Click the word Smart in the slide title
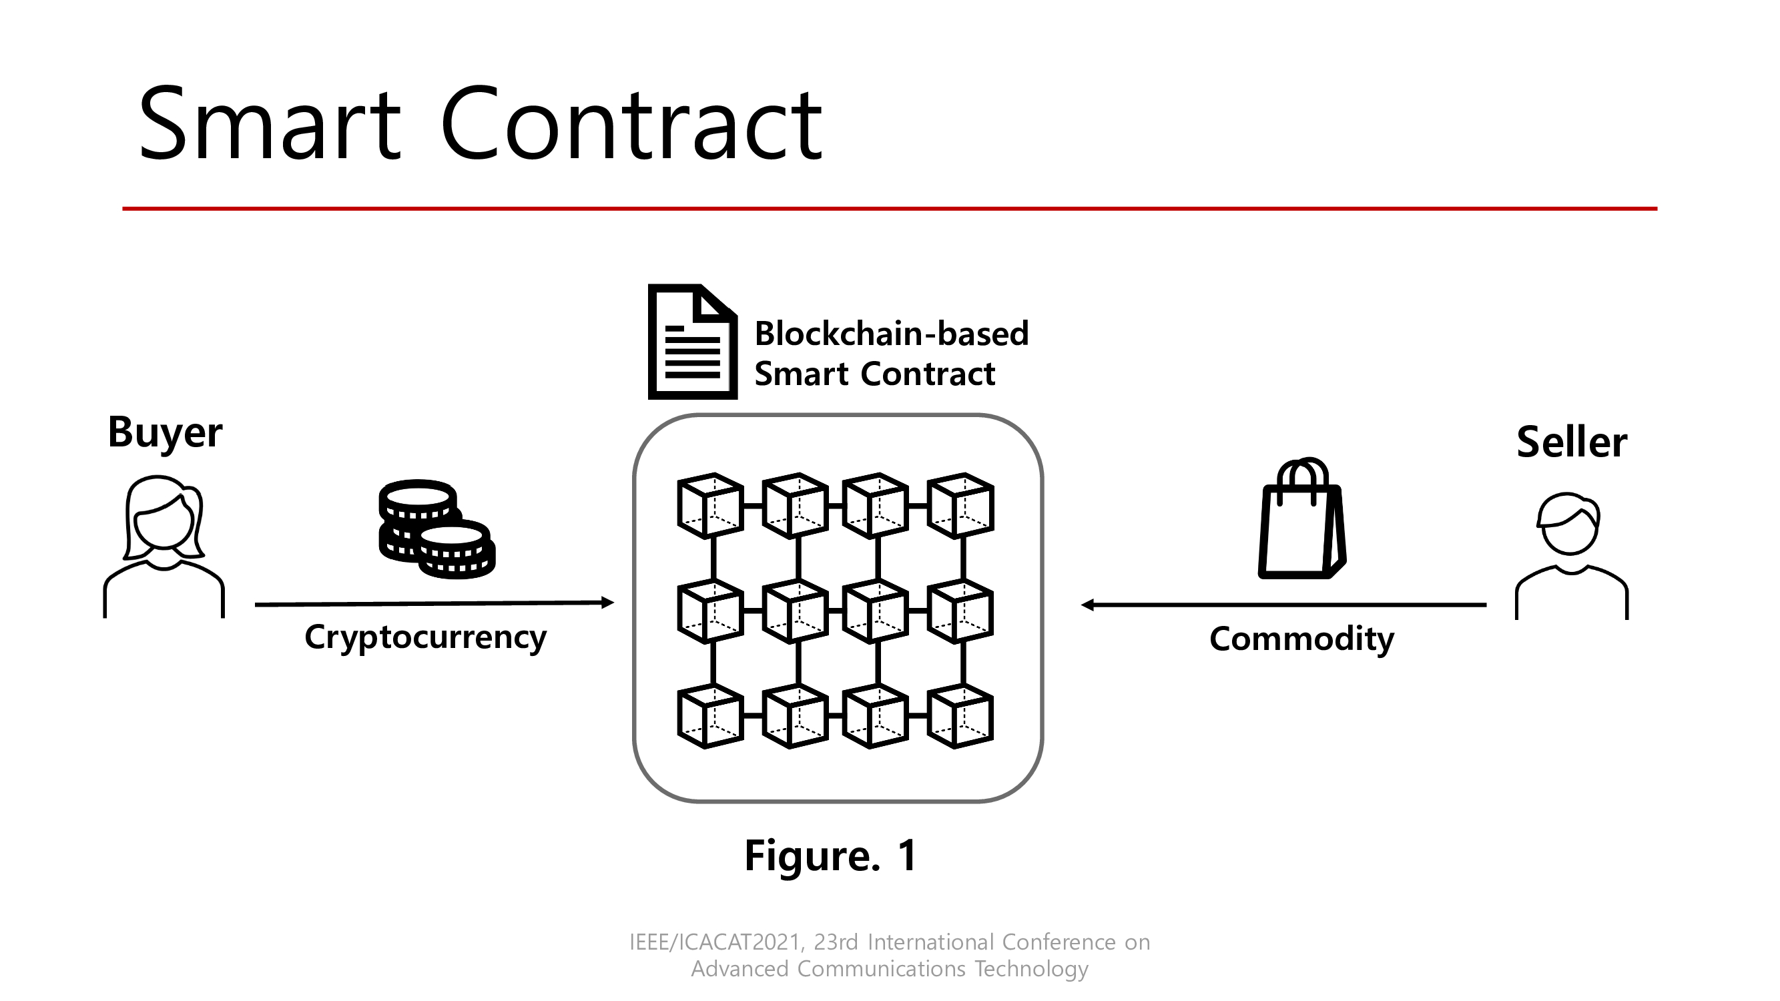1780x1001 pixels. click(x=270, y=124)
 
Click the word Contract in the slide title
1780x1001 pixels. click(x=630, y=124)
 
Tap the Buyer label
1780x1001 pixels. click(x=165, y=432)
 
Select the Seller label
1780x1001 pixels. click(x=1571, y=442)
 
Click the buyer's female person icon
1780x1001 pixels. click(x=164, y=546)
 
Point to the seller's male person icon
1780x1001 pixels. click(x=1571, y=555)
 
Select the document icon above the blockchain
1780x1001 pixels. click(x=691, y=342)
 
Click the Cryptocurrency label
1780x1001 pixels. click(x=425, y=637)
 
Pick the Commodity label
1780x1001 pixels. click(x=1301, y=639)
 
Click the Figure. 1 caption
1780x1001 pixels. click(x=830, y=856)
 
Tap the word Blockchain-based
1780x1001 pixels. click(x=892, y=334)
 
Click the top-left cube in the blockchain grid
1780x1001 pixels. click(x=709, y=506)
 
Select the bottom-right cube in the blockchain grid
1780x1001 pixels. click(x=960, y=716)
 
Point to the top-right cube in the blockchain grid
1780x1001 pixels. click(x=960, y=506)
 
